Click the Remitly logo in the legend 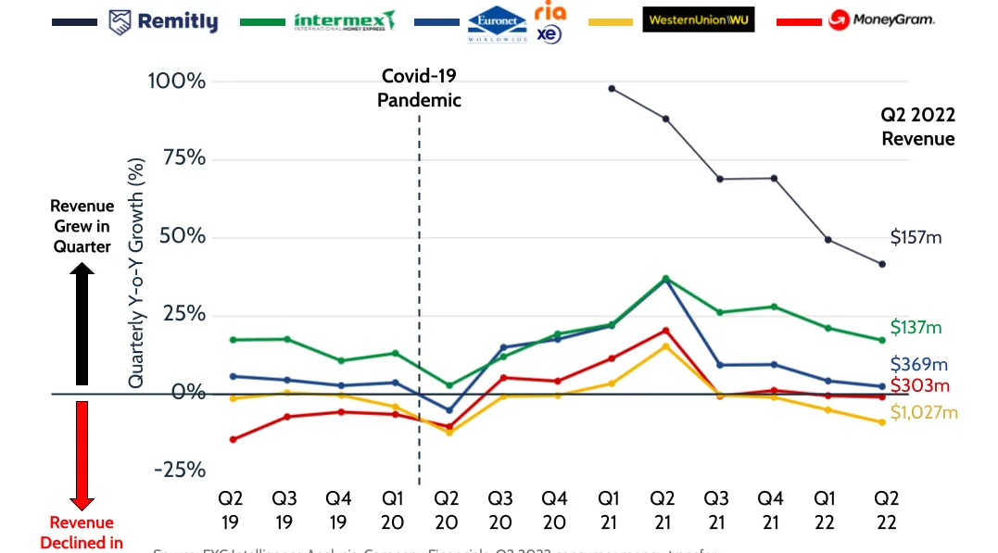point(163,21)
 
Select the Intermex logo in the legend point(344,21)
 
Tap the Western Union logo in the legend point(698,19)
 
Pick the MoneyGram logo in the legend point(880,19)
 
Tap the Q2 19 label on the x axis point(232,509)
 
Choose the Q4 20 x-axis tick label point(555,509)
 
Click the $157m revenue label point(916,238)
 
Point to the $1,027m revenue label point(923,412)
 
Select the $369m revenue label point(919,365)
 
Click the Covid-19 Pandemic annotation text point(419,88)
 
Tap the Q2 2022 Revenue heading point(917,127)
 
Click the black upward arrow point(82,324)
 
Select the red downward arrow point(82,454)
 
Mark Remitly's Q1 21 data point point(612,88)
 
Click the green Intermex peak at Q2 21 point(665,278)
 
